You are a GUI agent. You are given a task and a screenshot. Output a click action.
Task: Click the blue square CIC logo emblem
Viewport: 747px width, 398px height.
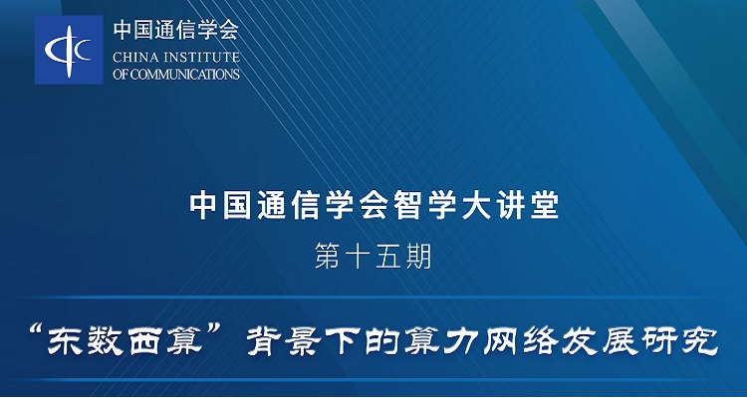tap(69, 50)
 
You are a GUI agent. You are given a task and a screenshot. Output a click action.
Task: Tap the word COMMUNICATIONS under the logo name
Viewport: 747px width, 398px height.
tap(184, 74)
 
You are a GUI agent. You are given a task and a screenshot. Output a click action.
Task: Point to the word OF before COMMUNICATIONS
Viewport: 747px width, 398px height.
tap(120, 74)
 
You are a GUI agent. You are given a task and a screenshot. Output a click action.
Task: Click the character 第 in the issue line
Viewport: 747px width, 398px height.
tap(327, 257)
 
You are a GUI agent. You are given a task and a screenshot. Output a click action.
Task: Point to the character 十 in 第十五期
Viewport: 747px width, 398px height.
tap(357, 257)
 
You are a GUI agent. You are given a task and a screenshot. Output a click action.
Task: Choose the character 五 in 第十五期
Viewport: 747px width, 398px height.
tap(387, 257)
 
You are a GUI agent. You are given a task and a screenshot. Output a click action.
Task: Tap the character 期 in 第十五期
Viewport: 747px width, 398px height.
tap(418, 257)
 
